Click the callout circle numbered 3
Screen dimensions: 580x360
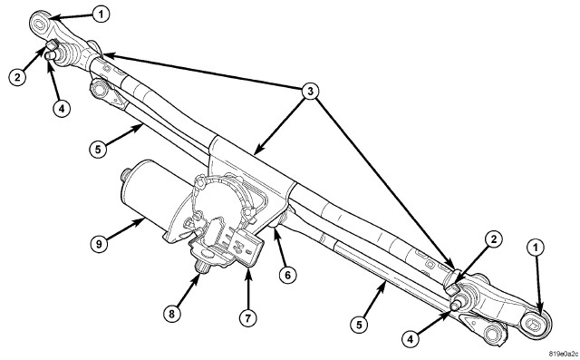point(310,91)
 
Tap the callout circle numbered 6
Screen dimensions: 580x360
point(288,275)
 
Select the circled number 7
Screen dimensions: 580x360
point(247,317)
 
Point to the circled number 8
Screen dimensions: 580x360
point(172,315)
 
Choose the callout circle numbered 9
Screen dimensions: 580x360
point(99,244)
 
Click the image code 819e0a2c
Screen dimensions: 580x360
point(564,354)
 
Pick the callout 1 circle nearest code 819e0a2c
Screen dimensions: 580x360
point(536,248)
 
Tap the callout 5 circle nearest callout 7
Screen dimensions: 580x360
point(359,325)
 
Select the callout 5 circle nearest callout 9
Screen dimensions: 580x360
point(98,150)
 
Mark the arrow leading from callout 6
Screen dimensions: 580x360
point(280,247)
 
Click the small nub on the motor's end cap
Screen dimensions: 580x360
point(126,174)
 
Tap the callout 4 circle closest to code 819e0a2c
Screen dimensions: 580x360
point(411,338)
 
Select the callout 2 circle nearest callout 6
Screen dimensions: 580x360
point(494,239)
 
